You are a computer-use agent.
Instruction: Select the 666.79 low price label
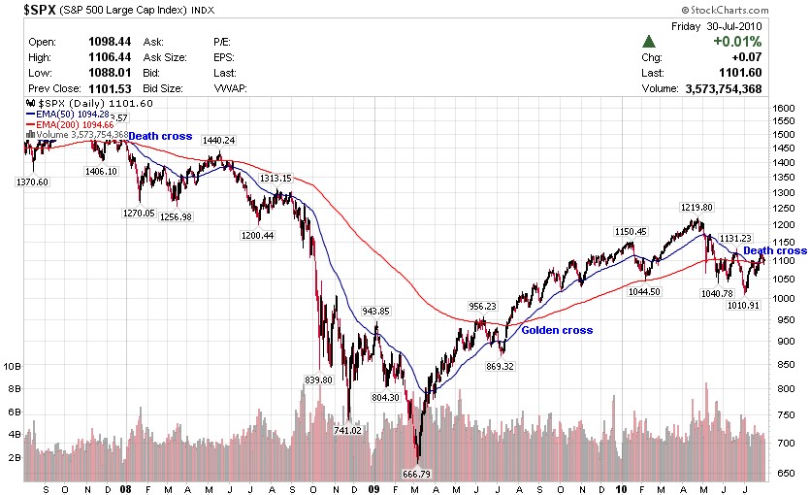point(419,474)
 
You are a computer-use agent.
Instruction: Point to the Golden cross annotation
point(557,330)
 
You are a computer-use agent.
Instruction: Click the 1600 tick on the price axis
point(784,108)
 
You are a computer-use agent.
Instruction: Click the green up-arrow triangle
point(648,42)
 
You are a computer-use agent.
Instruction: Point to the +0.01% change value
point(737,42)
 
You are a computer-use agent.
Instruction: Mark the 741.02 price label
point(347,430)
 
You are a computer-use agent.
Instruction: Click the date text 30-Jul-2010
point(733,26)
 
